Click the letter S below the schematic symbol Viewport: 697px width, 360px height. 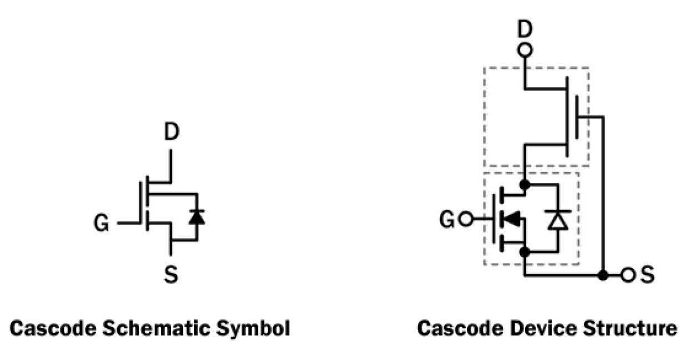pyautogui.click(x=172, y=273)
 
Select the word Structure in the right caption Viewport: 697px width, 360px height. pyautogui.click(x=628, y=329)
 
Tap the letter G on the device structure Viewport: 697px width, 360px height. pyautogui.click(x=448, y=220)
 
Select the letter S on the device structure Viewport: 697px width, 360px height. pyautogui.click(x=647, y=275)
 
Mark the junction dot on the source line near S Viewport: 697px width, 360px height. pyautogui.click(x=603, y=275)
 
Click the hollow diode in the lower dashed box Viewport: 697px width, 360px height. pyautogui.click(x=558, y=220)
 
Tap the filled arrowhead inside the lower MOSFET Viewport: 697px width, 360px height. pyautogui.click(x=513, y=220)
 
